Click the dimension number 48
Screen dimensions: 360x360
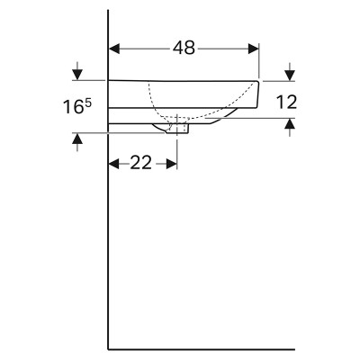pos(184,48)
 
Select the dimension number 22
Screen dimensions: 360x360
pos(140,163)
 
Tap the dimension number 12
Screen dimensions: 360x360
pos(286,102)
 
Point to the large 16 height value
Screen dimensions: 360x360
pos(73,107)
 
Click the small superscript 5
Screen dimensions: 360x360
pos(88,103)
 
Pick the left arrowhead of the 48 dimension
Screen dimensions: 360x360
pos(114,49)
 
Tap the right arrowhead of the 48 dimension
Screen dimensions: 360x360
pos(253,49)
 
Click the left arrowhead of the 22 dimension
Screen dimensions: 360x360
pos(114,164)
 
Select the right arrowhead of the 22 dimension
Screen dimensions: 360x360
pos(172,164)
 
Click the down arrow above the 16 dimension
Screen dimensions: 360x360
pos(77,71)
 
